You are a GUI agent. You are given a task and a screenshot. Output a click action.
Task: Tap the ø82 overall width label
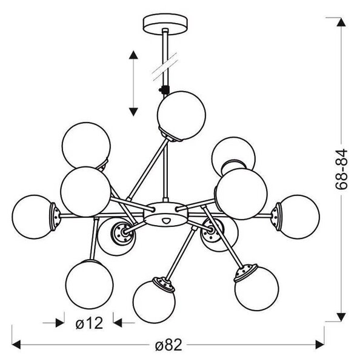coord(168,345)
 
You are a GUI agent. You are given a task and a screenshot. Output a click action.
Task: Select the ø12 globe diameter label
coord(89,323)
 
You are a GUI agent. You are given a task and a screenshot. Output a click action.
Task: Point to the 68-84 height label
coord(341,169)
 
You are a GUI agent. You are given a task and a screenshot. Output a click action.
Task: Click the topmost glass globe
coord(181,115)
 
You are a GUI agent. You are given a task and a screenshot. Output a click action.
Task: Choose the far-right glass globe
coord(299,217)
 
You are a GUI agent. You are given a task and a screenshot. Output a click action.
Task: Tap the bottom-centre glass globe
coord(154,302)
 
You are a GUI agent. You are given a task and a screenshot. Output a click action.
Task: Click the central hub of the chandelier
coord(165,214)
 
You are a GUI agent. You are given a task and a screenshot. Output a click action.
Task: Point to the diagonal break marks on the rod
coord(165,67)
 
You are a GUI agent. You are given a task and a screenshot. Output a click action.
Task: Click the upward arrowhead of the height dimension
coord(341,22)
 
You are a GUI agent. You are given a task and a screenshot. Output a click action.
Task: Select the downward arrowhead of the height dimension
coord(341,317)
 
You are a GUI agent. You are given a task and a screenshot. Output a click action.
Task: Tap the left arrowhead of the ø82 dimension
coord(16,345)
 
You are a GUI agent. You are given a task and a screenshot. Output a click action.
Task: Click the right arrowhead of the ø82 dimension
coord(320,345)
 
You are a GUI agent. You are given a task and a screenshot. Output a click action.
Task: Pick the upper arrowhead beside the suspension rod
coord(133,55)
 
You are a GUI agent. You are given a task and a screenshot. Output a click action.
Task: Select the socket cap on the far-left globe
coord(55,217)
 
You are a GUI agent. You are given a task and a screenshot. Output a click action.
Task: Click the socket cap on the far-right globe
coord(276,217)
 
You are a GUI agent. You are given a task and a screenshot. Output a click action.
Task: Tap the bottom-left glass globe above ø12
coord(90,285)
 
